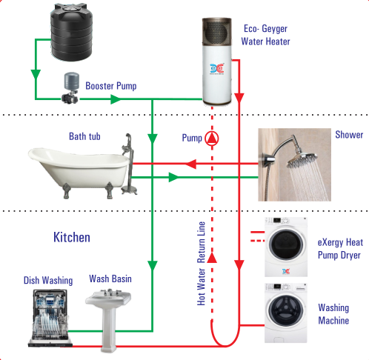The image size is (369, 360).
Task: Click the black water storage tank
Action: (x=72, y=32)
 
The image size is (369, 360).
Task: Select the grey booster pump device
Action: (x=71, y=87)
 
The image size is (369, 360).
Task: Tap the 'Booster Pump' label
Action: (x=111, y=86)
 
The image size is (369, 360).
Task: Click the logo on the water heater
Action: (x=217, y=68)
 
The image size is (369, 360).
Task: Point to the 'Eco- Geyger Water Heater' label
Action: (x=265, y=35)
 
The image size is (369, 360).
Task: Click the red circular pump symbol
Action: (x=212, y=139)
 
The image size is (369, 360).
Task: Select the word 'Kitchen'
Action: (x=72, y=237)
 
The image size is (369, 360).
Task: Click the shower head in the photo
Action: (x=302, y=160)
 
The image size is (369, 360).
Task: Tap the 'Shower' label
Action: (x=349, y=135)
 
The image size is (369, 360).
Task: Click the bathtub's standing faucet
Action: (x=129, y=164)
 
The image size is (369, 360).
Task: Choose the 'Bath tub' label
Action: (x=84, y=136)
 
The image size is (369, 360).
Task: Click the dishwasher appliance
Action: (x=50, y=318)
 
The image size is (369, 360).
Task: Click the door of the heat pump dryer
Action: (x=286, y=244)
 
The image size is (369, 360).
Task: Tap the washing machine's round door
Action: (x=286, y=310)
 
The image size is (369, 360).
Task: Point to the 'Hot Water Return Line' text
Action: (x=202, y=264)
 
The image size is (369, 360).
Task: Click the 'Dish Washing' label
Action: (x=48, y=281)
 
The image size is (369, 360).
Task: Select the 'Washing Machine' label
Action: (x=333, y=314)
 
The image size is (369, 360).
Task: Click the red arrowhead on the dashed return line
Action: (x=212, y=258)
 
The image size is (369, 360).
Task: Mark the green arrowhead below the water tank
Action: (x=36, y=75)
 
